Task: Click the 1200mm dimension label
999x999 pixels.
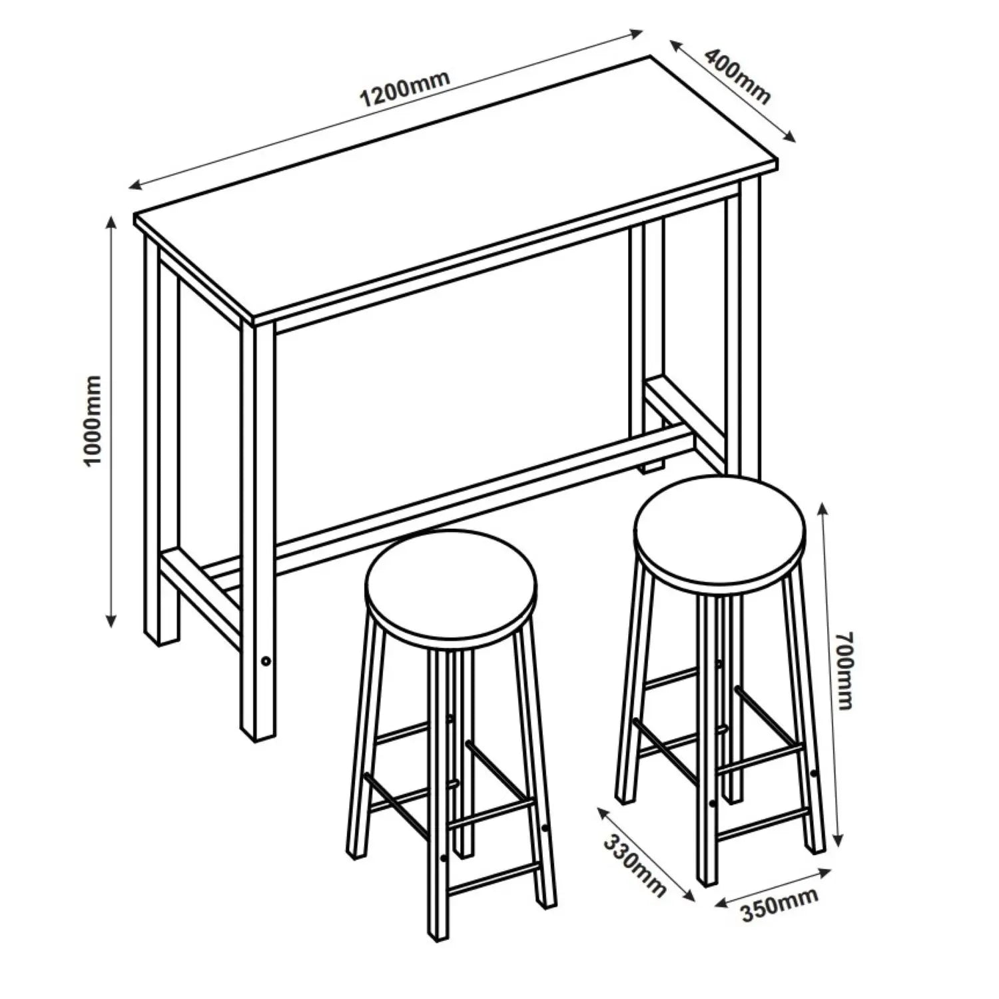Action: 405,88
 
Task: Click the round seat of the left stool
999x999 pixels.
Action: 451,587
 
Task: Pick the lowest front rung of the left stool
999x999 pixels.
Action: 493,886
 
